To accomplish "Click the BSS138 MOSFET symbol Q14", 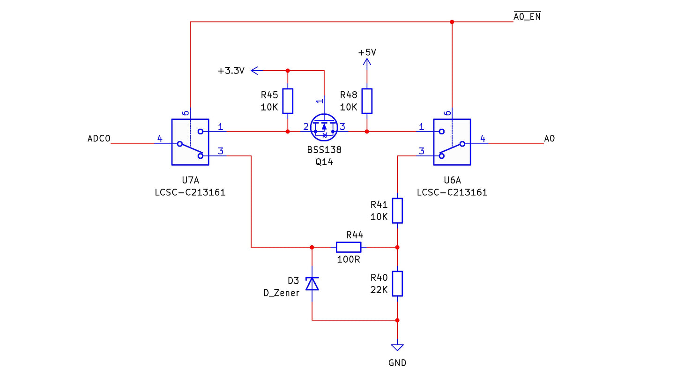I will click(324, 127).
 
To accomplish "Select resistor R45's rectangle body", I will click(288, 101).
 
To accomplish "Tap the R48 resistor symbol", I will click(367, 101).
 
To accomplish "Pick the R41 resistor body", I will click(397, 211).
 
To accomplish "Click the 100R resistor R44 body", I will click(349, 247).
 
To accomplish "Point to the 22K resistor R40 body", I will click(397, 284).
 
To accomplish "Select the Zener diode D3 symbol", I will click(312, 283).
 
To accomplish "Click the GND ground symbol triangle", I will click(397, 347).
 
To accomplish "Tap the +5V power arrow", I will click(367, 62).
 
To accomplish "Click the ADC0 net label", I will click(99, 139).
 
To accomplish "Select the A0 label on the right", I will click(550, 139).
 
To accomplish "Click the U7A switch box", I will click(190, 142).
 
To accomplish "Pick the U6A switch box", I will click(452, 142).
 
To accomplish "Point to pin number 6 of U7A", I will click(186, 113).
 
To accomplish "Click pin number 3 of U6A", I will click(422, 151).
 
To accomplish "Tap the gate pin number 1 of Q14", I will click(320, 101).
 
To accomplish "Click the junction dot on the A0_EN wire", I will click(452, 22).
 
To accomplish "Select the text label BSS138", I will click(324, 150).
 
